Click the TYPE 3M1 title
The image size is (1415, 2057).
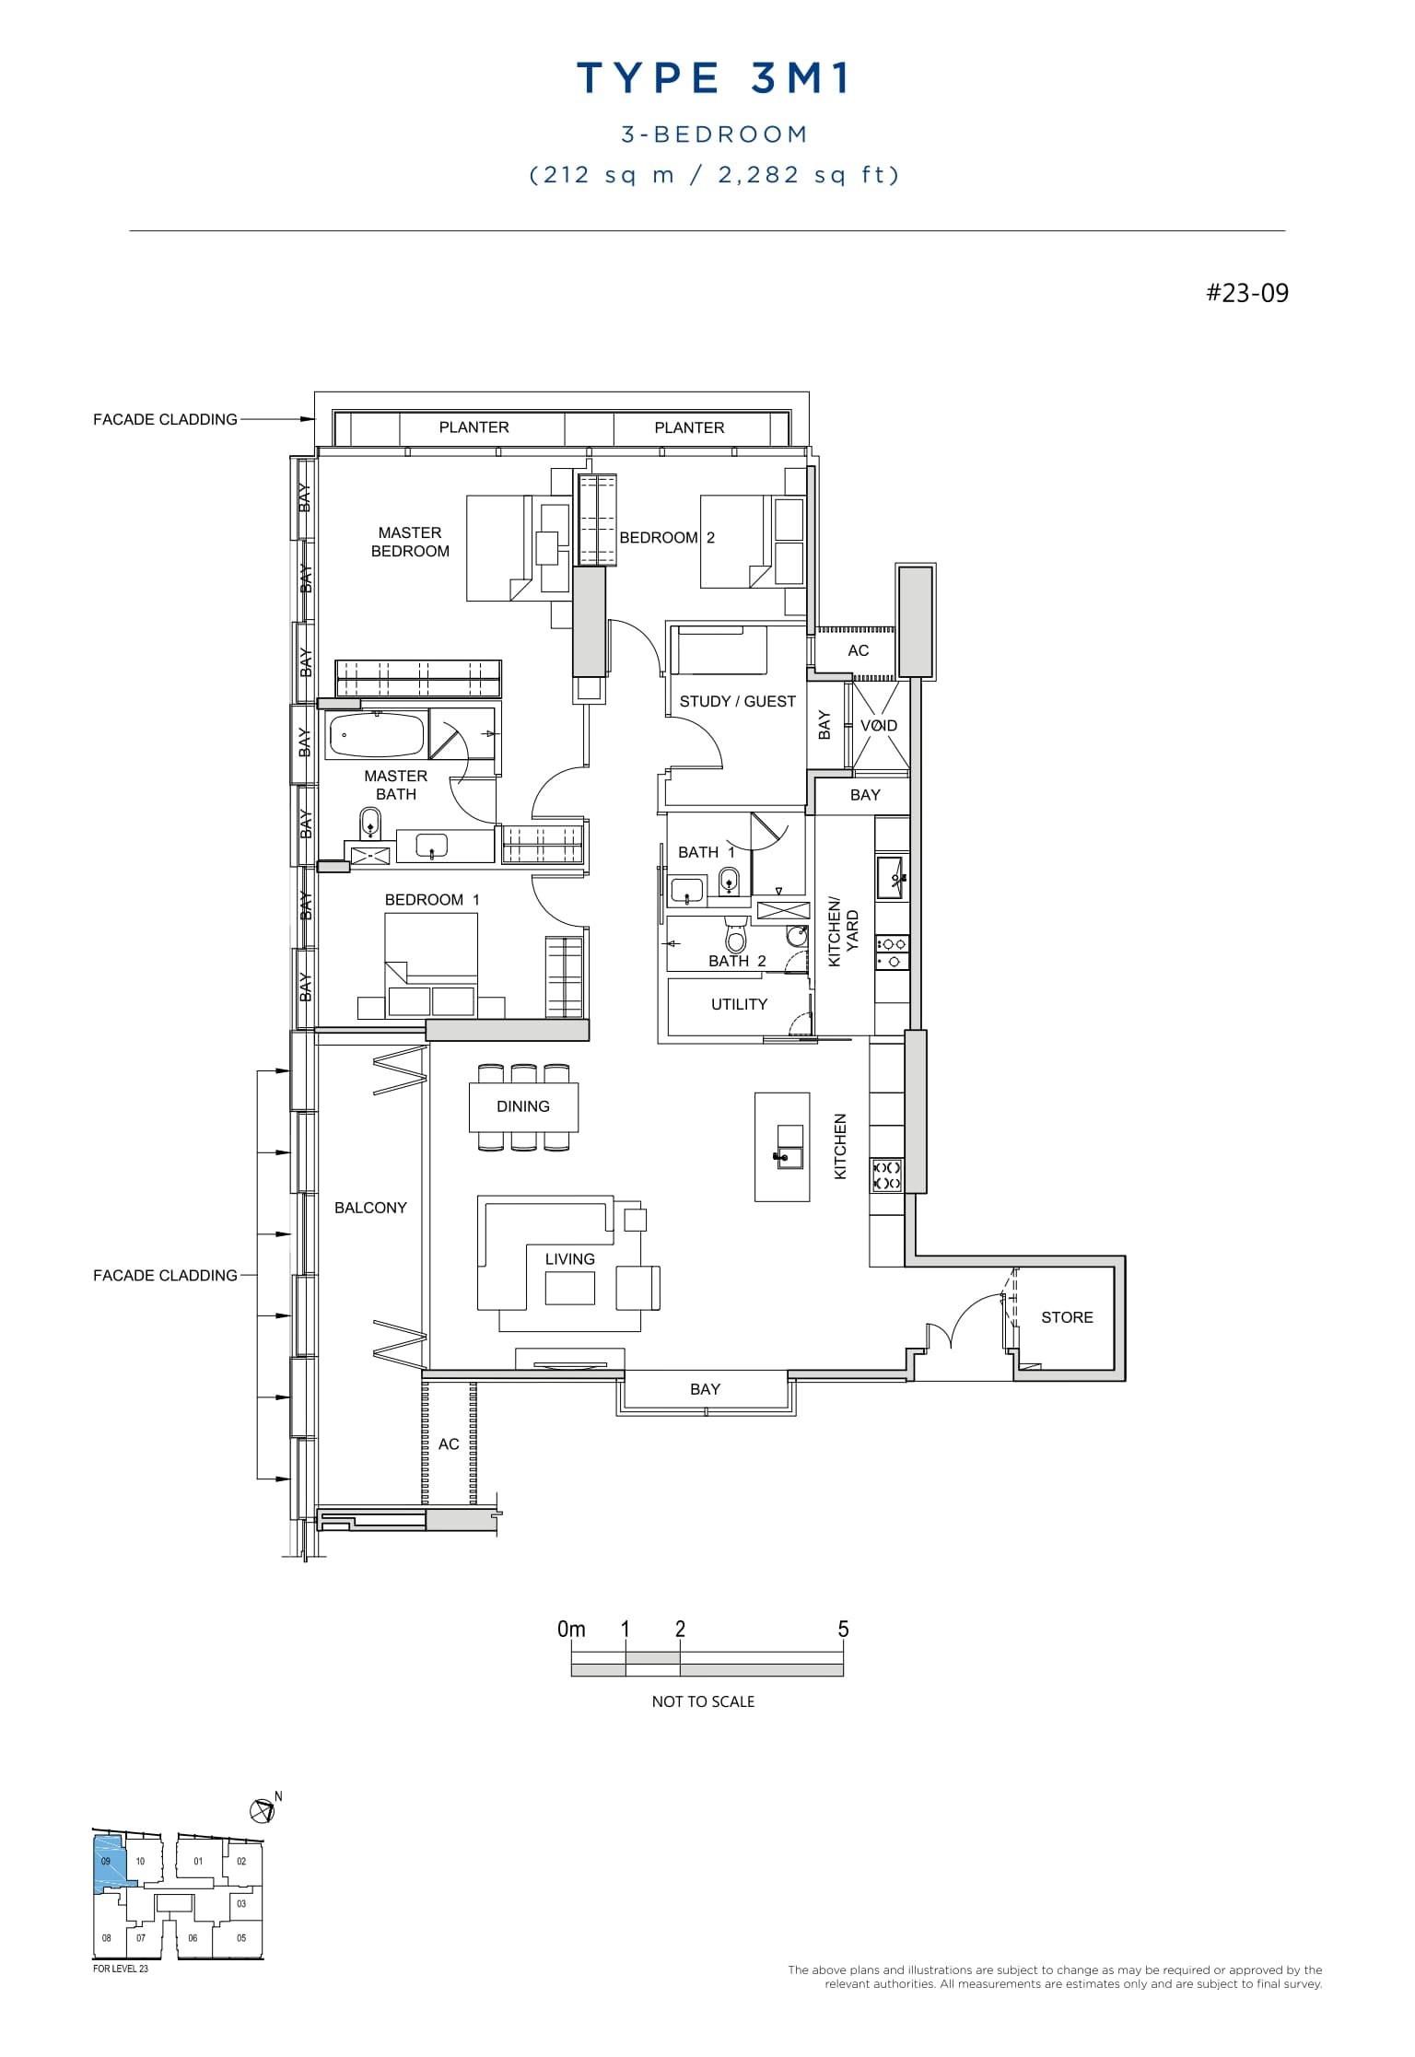pyautogui.click(x=713, y=79)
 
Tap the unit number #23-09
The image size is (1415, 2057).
pyautogui.click(x=1247, y=294)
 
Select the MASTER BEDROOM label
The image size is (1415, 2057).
pyautogui.click(x=410, y=542)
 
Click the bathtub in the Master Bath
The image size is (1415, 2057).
pyautogui.click(x=377, y=736)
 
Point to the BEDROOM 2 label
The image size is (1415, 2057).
pyautogui.click(x=667, y=538)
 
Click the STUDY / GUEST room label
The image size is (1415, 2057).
pyautogui.click(x=737, y=702)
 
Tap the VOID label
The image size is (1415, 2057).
pyautogui.click(x=878, y=726)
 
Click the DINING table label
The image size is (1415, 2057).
pyautogui.click(x=522, y=1106)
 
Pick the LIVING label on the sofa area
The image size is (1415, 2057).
pyautogui.click(x=569, y=1259)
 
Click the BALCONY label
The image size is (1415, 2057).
pyautogui.click(x=370, y=1208)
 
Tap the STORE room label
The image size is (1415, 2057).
pyautogui.click(x=1067, y=1317)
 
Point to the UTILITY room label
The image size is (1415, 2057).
pyautogui.click(x=739, y=1004)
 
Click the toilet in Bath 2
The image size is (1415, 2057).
pyautogui.click(x=735, y=936)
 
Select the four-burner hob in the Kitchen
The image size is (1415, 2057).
pyautogui.click(x=886, y=1175)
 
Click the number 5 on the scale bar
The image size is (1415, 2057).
pyautogui.click(x=843, y=1630)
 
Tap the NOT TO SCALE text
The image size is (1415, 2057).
pyautogui.click(x=703, y=1701)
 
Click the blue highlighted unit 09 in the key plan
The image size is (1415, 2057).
pyautogui.click(x=108, y=1862)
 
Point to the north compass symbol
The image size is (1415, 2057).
pyautogui.click(x=263, y=1811)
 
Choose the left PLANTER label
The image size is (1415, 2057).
pyautogui.click(x=474, y=427)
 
